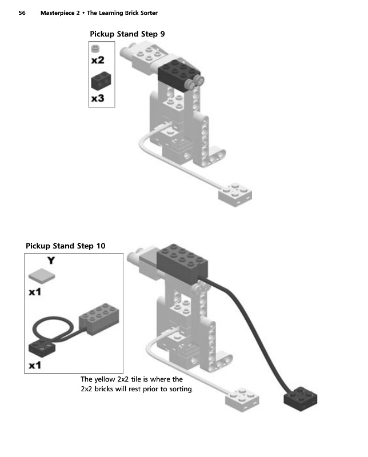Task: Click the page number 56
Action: pyautogui.click(x=22, y=13)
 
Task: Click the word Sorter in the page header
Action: pyautogui.click(x=149, y=13)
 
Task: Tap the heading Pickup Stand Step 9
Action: pyautogui.click(x=127, y=34)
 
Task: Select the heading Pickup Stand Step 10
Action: pyautogui.click(x=65, y=246)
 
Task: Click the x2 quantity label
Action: pyautogui.click(x=98, y=60)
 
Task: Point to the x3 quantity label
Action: pyautogui.click(x=98, y=98)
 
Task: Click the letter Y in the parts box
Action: pyautogui.click(x=51, y=260)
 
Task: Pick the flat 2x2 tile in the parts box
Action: pyautogui.click(x=42, y=276)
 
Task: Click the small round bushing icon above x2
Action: pyautogui.click(x=95, y=49)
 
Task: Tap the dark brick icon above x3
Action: pyautogui.click(x=101, y=81)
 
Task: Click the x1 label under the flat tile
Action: pyautogui.click(x=35, y=292)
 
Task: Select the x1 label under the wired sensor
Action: pyautogui.click(x=35, y=365)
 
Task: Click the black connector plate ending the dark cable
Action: pyautogui.click(x=301, y=398)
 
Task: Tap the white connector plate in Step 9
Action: pyautogui.click(x=235, y=194)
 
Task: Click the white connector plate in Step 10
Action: pyautogui.click(x=242, y=399)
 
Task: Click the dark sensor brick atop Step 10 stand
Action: pyautogui.click(x=182, y=263)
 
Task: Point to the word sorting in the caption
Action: pyautogui.click(x=181, y=389)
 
